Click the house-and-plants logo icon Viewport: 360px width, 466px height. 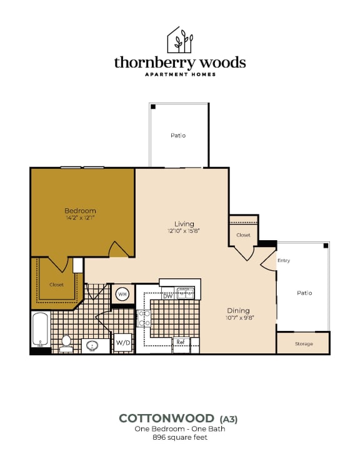tap(180, 40)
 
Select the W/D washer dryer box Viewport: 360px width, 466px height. tap(123, 343)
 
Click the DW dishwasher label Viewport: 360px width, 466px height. tap(168, 296)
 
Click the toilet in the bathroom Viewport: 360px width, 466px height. tap(66, 344)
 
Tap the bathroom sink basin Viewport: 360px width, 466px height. tap(92, 346)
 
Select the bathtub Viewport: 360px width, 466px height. tap(41, 329)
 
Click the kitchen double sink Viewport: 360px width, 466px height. tap(186, 293)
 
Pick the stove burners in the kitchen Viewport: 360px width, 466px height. tap(144, 318)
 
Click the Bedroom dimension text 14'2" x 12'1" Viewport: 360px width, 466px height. tap(80, 218)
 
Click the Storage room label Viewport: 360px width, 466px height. tap(304, 344)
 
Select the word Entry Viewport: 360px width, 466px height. tap(284, 260)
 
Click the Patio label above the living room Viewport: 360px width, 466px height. tap(178, 136)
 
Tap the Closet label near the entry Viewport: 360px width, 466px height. tap(243, 235)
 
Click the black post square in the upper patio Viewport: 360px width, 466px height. tap(153, 107)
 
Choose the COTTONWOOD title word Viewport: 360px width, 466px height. tap(166, 418)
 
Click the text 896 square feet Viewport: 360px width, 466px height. tap(180, 437)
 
